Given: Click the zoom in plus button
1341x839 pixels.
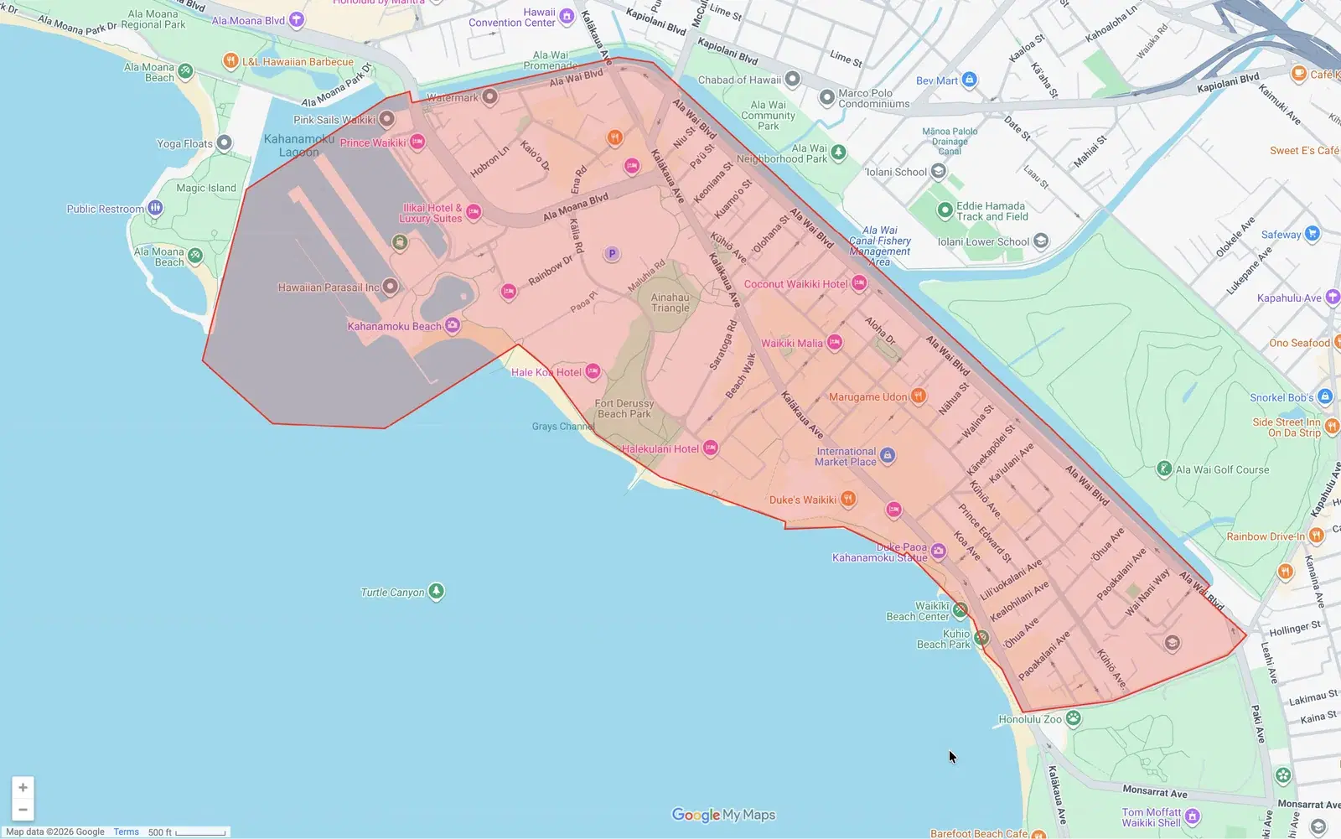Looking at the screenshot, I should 23,787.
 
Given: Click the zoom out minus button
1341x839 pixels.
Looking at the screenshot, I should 23,810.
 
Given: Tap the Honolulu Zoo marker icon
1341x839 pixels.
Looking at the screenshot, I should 1073,718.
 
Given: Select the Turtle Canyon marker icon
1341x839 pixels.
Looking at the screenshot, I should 436,592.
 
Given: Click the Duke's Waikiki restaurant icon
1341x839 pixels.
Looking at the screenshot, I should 848,500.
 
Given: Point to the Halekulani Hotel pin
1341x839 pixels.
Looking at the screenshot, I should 710,448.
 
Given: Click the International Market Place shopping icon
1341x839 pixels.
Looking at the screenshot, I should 888,455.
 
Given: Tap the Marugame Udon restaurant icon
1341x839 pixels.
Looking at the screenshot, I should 919,396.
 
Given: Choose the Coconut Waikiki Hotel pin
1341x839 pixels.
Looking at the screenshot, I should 859,283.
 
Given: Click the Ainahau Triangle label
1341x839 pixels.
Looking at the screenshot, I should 670,303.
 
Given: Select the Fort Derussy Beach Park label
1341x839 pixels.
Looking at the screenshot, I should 624,409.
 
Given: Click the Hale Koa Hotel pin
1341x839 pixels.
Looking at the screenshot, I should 593,371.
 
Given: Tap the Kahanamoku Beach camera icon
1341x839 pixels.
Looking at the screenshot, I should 453,325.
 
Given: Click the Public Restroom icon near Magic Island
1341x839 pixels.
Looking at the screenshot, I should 155,208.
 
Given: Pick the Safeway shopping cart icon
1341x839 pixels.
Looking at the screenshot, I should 1313,234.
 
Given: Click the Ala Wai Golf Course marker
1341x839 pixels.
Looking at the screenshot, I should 1164,469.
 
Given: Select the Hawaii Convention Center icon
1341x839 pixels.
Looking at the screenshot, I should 567,16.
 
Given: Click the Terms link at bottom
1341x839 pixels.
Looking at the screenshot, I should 127,832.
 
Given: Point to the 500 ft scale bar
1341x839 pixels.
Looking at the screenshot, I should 200,833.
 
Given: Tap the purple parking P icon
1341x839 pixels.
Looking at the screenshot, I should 612,253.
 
